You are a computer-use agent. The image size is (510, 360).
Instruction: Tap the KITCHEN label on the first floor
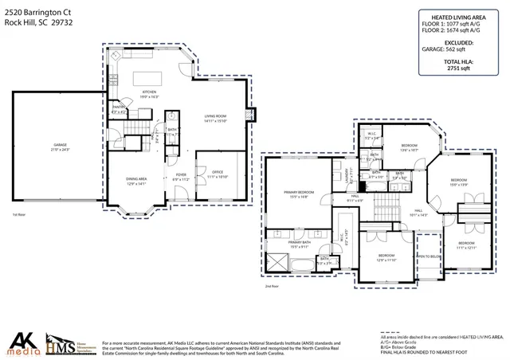point(149,93)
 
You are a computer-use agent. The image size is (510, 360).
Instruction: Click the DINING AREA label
point(137,181)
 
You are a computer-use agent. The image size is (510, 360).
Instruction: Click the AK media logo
point(22,341)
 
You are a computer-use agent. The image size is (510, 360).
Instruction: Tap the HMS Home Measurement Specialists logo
point(63,341)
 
